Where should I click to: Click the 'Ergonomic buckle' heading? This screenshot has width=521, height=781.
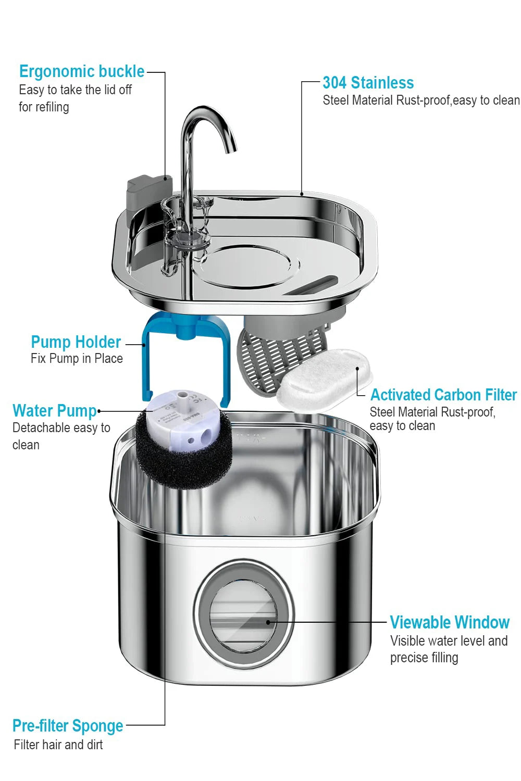82,71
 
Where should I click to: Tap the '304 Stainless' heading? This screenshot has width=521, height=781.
368,83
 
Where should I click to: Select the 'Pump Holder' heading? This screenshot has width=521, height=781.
76,342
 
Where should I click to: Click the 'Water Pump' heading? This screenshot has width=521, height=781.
55,411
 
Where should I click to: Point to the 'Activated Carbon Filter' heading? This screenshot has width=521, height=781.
443,395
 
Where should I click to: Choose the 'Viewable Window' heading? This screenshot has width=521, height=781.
450,622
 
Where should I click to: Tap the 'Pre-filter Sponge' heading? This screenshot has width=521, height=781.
68,725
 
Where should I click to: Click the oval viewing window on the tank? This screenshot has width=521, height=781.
244,616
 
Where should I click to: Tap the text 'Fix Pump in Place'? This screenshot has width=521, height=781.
77,359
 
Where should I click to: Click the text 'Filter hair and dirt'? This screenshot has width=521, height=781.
58,745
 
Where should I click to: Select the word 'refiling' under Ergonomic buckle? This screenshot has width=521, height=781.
52,107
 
